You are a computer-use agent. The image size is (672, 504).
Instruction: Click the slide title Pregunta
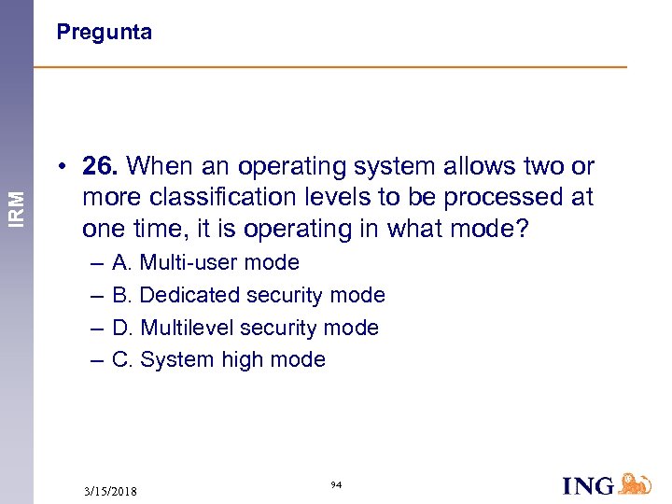tap(104, 33)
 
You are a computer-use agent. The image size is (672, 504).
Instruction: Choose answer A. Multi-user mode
tap(205, 263)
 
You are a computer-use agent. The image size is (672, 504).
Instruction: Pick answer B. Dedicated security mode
tap(248, 295)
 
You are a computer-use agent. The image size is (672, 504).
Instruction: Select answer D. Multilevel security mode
tap(245, 328)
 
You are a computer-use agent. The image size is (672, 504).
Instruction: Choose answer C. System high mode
tap(218, 359)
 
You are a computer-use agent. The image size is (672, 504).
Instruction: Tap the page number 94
tap(336, 484)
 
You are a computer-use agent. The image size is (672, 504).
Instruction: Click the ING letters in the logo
tap(588, 485)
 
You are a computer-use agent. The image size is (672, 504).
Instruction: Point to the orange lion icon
tap(635, 483)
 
